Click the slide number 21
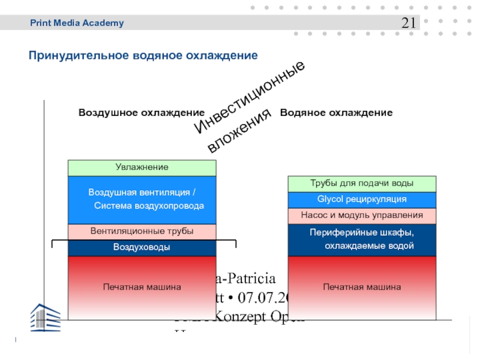click(x=409, y=23)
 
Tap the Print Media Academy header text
click(x=77, y=23)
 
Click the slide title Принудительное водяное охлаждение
click(x=143, y=55)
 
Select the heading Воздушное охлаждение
click(x=142, y=113)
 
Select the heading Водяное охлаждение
click(x=337, y=113)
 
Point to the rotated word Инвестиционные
click(x=251, y=96)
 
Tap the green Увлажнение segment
click(x=142, y=167)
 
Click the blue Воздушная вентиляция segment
click(x=142, y=199)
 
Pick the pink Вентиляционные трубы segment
click(x=142, y=232)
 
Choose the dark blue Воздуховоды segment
click(x=142, y=247)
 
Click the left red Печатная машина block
click(x=142, y=287)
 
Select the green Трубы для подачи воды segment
click(x=362, y=184)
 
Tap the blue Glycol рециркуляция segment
click(x=362, y=199)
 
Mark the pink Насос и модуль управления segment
click(x=362, y=215)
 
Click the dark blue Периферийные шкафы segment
click(x=362, y=239)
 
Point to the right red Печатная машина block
click(x=362, y=287)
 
